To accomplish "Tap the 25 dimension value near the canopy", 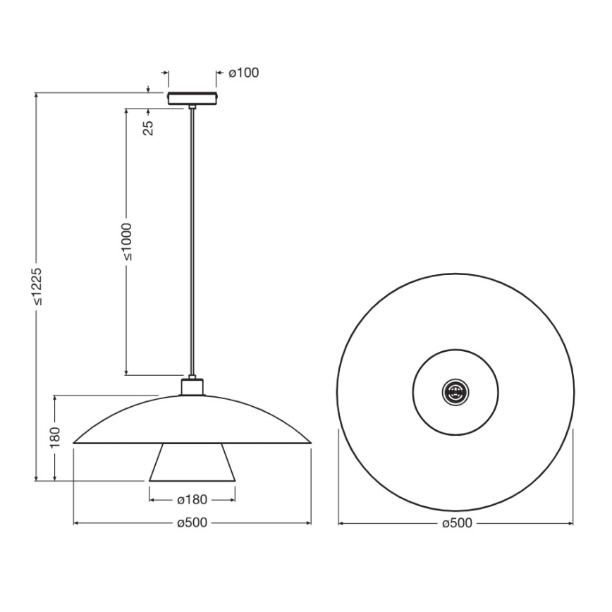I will point(149,127).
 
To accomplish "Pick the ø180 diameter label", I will point(192,499).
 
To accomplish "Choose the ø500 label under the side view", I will point(192,523).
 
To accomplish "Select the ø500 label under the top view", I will point(456,523).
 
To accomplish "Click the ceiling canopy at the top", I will point(192,97).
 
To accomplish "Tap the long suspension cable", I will point(192,240).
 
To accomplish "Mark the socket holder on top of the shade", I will point(192,386).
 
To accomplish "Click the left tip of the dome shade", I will point(75,443).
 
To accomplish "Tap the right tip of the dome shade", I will point(310,443).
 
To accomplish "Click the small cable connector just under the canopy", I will point(192,107).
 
